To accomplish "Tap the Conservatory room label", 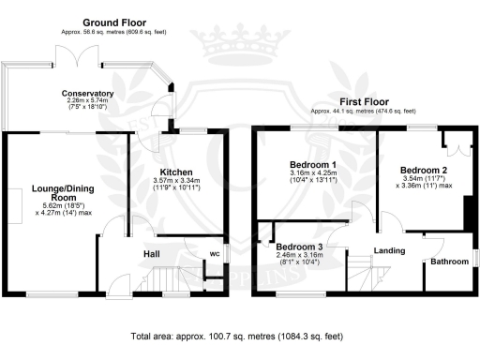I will (88, 94).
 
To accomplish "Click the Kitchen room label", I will (176, 173).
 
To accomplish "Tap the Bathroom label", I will (449, 262).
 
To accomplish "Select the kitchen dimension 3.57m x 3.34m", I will (176, 184).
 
